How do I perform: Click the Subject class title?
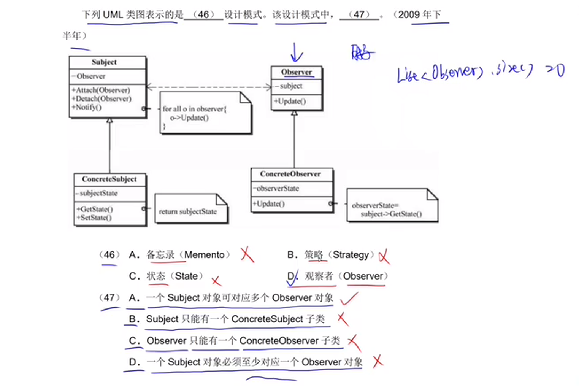coord(104,62)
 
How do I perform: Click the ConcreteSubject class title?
coord(109,179)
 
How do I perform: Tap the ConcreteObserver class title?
coord(290,174)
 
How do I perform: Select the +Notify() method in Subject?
coord(87,107)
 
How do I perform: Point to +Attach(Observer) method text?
coord(101,90)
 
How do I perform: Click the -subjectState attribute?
coord(97,193)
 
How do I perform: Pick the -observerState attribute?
coord(276,188)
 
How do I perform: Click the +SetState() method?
coord(94,218)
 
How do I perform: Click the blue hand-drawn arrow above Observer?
coord(296,52)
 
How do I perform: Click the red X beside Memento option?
coord(247,254)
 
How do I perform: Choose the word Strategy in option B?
coord(351,255)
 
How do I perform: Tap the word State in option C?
coord(186,276)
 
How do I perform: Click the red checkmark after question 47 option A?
coord(349,299)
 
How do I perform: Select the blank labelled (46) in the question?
coord(203,15)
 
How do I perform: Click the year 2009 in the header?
coord(409,15)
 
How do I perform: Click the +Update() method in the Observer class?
coord(290,102)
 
